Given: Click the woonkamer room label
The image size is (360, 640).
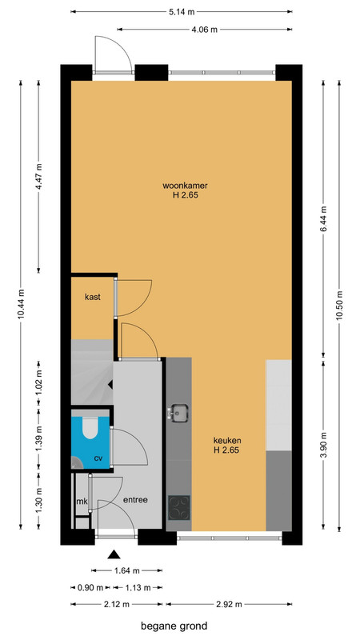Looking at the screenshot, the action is point(186,186).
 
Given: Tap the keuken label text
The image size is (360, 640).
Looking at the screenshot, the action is point(227,441).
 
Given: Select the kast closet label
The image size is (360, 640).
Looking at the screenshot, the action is point(93,297).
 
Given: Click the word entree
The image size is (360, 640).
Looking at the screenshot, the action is point(135,499).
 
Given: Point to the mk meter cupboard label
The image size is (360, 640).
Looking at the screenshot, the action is point(82,501).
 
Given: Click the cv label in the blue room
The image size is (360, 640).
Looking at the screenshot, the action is point(98,458).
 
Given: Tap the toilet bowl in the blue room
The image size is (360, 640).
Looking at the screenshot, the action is point(90,427).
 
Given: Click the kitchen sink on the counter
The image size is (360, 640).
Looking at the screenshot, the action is point(178,412).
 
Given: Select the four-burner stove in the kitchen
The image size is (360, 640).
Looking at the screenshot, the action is point(179,507).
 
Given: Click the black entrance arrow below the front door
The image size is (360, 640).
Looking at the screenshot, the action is point(114,554).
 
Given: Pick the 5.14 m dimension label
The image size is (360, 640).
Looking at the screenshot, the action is point(182,12).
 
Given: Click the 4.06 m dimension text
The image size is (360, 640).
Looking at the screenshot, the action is point(205,30).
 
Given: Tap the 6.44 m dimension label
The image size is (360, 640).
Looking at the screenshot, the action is point(323,218).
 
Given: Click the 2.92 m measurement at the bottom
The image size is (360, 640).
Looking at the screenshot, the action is point(229,604).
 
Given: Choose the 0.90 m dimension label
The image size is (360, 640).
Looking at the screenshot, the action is point(90,588).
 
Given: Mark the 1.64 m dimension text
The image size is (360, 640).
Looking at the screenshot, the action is point(126,570).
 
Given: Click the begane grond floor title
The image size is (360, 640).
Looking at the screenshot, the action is point(174,626).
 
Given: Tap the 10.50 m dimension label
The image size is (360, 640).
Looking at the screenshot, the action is point(339,306).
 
